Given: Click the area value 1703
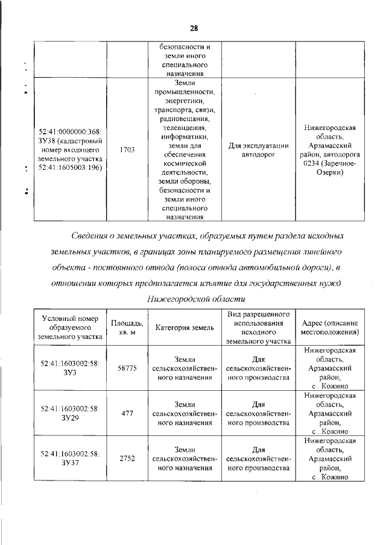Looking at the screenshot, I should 127,150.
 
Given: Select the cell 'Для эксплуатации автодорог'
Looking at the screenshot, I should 258,150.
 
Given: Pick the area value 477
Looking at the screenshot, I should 127,413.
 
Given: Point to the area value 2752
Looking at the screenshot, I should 127,458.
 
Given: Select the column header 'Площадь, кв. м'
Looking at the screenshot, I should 127,328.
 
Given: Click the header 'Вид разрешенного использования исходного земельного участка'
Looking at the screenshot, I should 258,327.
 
